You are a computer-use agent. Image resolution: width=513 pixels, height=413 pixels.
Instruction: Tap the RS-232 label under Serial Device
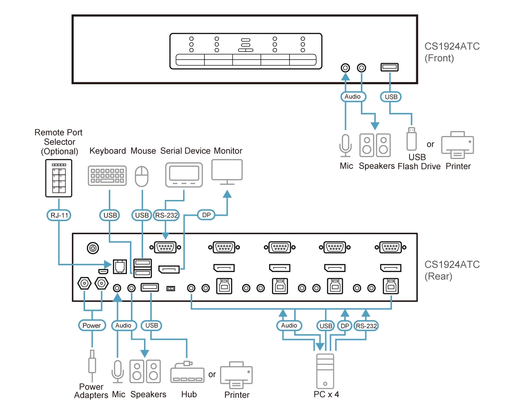(166, 215)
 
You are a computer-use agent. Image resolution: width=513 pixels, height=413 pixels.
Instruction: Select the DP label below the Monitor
(207, 215)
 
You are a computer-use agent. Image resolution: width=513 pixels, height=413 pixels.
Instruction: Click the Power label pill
(92, 325)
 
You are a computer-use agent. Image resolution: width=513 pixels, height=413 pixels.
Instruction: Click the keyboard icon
(107, 176)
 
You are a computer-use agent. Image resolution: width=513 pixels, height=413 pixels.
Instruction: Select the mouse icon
(142, 176)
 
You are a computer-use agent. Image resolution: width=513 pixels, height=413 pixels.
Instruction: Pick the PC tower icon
(326, 371)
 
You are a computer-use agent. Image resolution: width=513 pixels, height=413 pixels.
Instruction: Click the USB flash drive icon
(411, 139)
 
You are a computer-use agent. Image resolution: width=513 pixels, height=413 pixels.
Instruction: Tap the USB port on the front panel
(390, 68)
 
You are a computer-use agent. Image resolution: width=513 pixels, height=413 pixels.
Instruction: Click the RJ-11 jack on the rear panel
(120, 267)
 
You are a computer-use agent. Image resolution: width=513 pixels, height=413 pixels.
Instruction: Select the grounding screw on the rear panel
(93, 248)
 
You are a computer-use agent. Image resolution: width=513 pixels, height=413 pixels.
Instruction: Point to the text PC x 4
(326, 395)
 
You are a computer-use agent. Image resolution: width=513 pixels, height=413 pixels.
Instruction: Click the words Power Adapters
(91, 391)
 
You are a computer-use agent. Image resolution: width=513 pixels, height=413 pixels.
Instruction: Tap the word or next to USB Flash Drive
(431, 145)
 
